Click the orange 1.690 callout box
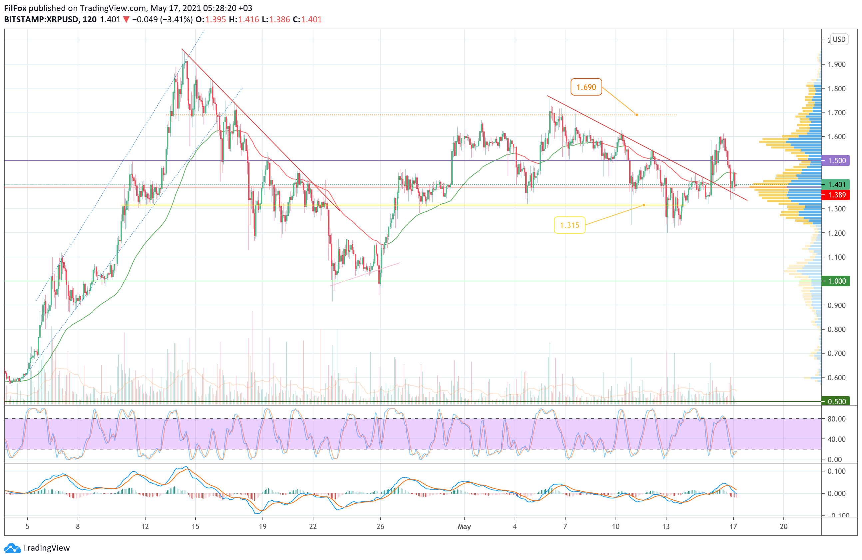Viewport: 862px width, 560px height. pos(586,87)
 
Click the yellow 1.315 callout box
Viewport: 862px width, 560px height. pos(569,225)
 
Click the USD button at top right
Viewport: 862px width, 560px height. pos(839,39)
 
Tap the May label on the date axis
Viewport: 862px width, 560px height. pos(464,526)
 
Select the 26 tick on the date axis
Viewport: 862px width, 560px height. pos(380,526)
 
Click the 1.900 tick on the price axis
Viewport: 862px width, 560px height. pos(836,65)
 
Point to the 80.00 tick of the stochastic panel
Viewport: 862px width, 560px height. pos(836,419)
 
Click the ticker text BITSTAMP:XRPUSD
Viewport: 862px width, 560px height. pos(41,20)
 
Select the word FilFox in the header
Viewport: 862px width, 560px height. pos(15,8)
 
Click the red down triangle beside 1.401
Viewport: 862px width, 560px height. pos(126,20)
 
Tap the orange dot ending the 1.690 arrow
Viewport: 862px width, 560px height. pos(637,115)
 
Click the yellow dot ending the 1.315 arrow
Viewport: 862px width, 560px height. pos(644,205)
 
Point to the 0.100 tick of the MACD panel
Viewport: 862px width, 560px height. pos(836,471)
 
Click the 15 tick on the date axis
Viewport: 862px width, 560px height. pos(195,526)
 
